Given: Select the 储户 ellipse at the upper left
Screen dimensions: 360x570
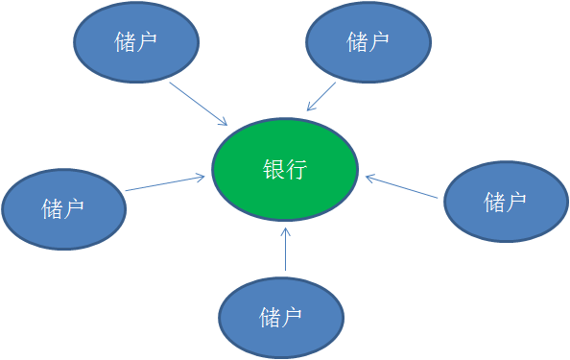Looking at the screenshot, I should pos(136,42).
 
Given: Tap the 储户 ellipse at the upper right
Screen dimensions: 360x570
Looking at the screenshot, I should pos(368,42).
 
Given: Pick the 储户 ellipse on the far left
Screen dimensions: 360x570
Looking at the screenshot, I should pos(63,207).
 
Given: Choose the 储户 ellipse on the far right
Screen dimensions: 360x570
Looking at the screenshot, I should pos(506,202).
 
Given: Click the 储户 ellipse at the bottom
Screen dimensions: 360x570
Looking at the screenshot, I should pos(281,317).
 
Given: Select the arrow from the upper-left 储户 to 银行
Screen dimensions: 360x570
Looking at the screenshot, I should pos(199,104).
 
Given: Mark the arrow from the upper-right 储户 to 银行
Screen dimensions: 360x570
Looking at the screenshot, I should pos(321,96).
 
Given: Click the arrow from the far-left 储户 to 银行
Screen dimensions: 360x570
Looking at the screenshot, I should pos(165,182).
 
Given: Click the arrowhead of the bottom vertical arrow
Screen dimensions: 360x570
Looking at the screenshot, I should pos(286,230).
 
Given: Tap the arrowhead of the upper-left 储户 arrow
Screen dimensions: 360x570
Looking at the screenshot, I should pos(223,121).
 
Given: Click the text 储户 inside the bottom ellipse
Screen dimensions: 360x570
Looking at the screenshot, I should pos(281,317).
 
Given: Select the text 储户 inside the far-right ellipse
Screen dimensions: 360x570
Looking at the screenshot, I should pos(506,202).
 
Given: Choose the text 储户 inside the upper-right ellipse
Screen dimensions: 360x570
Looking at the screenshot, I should pos(368,42).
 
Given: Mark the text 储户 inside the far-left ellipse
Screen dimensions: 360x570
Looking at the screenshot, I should pos(63,208).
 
